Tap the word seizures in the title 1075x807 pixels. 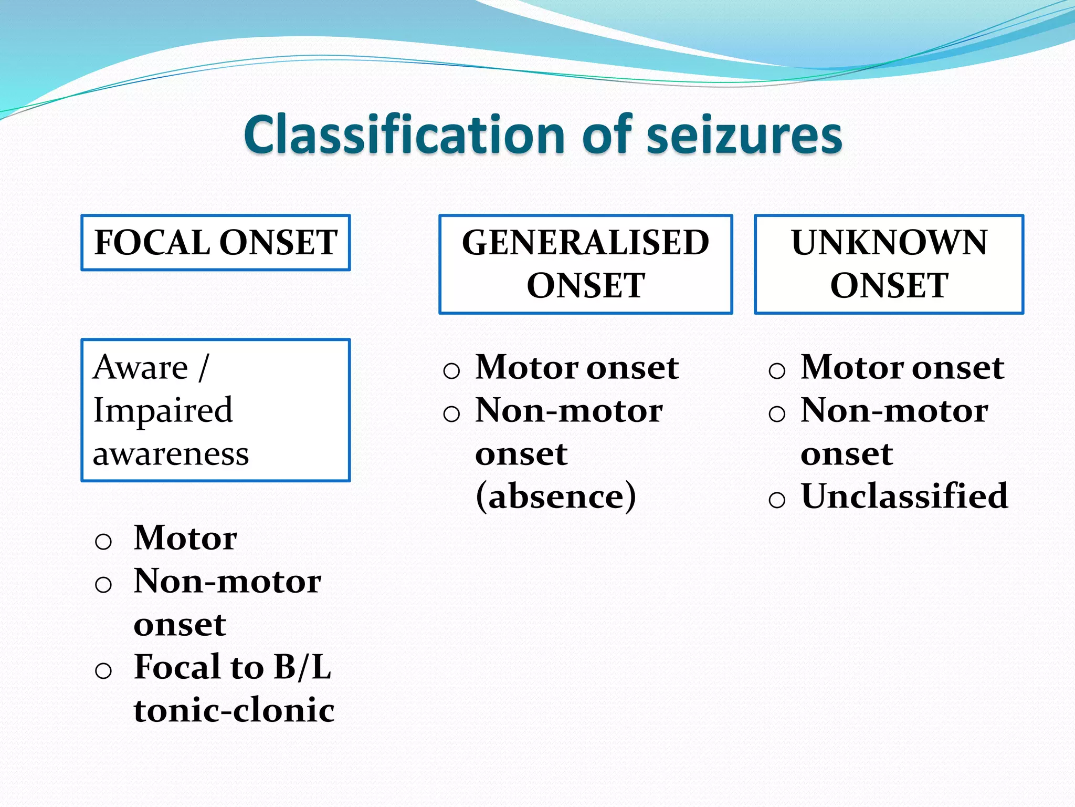click(x=744, y=135)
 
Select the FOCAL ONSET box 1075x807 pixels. click(x=216, y=243)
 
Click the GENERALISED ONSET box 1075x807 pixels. click(x=585, y=264)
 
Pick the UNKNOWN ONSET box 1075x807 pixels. click(x=889, y=264)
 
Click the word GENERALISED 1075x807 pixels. click(x=585, y=243)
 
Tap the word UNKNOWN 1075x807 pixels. click(x=889, y=243)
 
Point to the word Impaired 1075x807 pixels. click(x=163, y=410)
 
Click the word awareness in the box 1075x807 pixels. click(x=171, y=453)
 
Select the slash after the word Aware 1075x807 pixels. click(x=204, y=367)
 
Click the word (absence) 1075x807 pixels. click(x=555, y=496)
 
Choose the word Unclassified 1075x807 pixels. click(x=904, y=496)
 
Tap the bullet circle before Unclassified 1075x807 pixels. click(x=777, y=499)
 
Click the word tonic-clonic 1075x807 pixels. click(x=234, y=710)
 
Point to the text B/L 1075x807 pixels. click(x=302, y=667)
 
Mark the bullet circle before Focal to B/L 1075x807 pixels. click(x=103, y=671)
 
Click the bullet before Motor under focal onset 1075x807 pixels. click(x=103, y=542)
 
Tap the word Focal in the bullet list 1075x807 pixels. click(x=176, y=667)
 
